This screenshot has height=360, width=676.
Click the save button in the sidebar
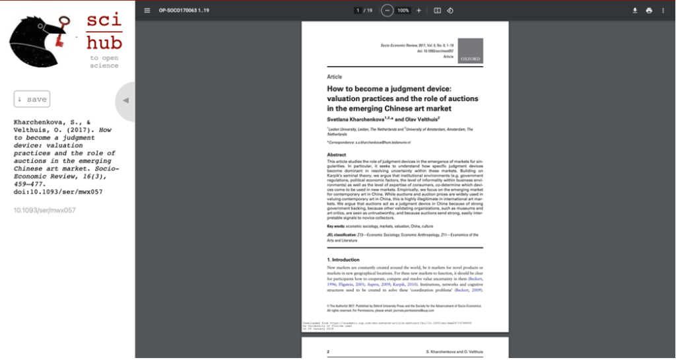point(32,99)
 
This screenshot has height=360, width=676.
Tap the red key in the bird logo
point(60,33)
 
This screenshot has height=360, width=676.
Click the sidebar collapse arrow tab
point(125,100)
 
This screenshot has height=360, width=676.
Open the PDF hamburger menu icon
point(147,11)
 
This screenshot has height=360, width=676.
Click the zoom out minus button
point(387,11)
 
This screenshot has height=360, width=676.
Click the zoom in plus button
point(419,11)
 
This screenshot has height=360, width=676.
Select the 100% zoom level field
point(403,11)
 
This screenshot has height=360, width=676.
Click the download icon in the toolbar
point(635,11)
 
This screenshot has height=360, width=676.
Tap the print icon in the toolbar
point(649,11)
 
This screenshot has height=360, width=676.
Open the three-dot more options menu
point(663,11)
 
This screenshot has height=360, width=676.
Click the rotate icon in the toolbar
point(450,11)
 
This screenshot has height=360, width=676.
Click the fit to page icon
point(437,11)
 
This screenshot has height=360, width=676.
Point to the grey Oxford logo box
point(471,51)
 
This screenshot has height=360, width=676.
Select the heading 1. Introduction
point(343,260)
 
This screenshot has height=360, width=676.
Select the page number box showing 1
point(358,11)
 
